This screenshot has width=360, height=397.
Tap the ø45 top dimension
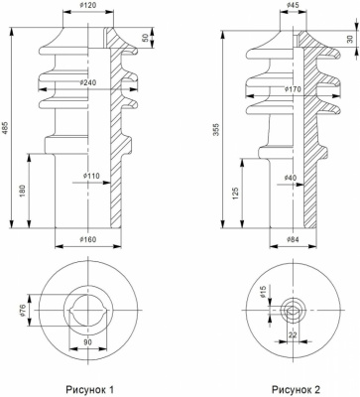pyautogui.click(x=294, y=6)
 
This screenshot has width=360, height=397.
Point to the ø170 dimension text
pyautogui.click(x=294, y=89)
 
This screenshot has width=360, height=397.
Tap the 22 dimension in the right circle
pyautogui.click(x=292, y=335)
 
